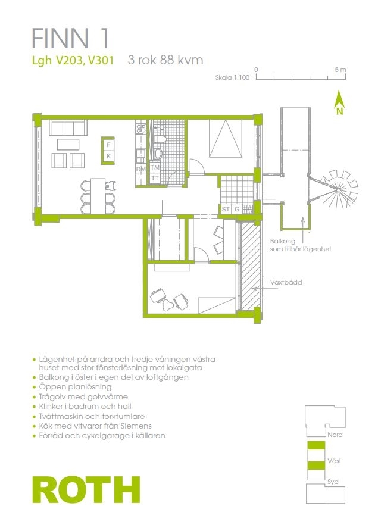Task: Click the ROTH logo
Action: coord(86,489)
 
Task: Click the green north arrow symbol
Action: coord(339,102)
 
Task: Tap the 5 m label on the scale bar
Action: coord(340,70)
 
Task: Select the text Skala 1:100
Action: coord(232,77)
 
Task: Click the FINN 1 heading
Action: coord(70,38)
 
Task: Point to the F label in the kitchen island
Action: coord(108,145)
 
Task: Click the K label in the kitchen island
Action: coord(108,156)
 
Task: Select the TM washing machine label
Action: coord(155,168)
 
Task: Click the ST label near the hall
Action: coord(226,210)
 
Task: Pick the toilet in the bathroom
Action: coord(160,139)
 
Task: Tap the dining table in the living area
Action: coord(98,196)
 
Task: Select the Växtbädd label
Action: coord(286,282)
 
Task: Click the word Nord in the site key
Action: coord(335,435)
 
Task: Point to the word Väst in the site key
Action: coord(335,461)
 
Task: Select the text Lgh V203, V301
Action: coord(73,60)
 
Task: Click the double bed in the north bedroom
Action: coord(226,139)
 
